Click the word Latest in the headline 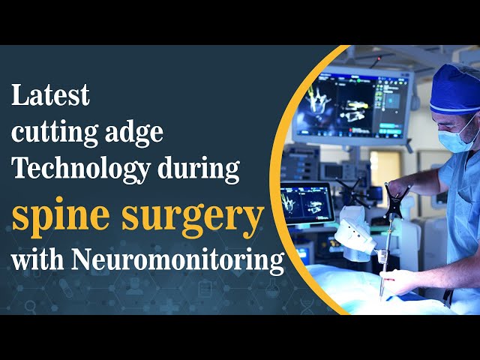(x=50, y=95)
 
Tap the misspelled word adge (x=134, y=132)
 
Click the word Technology (x=81, y=169)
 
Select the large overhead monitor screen (x=352, y=105)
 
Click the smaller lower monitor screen (x=307, y=202)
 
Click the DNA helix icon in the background (x=307, y=306)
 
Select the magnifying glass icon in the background (x=30, y=306)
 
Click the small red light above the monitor (x=379, y=58)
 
